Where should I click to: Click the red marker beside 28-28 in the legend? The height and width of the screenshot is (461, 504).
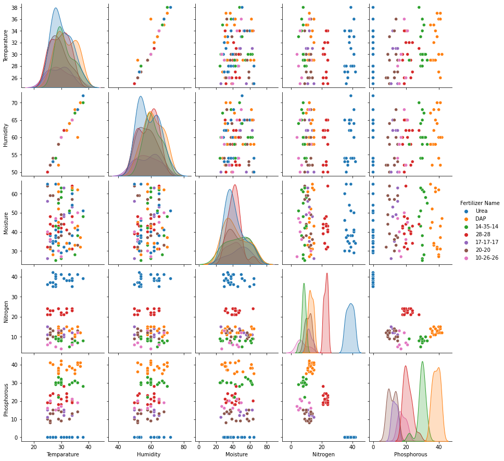[466, 235]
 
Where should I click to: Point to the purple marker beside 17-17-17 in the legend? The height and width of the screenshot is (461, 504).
[466, 242]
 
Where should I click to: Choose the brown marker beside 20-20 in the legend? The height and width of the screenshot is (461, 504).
[466, 250]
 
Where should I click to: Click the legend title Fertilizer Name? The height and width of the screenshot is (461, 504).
[480, 203]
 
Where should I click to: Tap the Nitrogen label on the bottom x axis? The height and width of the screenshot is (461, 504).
[323, 454]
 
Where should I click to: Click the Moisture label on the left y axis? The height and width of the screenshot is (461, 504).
[6, 223]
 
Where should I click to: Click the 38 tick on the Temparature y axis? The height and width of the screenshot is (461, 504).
[14, 8]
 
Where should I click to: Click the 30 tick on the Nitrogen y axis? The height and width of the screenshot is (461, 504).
[14, 297]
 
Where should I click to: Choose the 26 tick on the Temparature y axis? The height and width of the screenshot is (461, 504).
[14, 78]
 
